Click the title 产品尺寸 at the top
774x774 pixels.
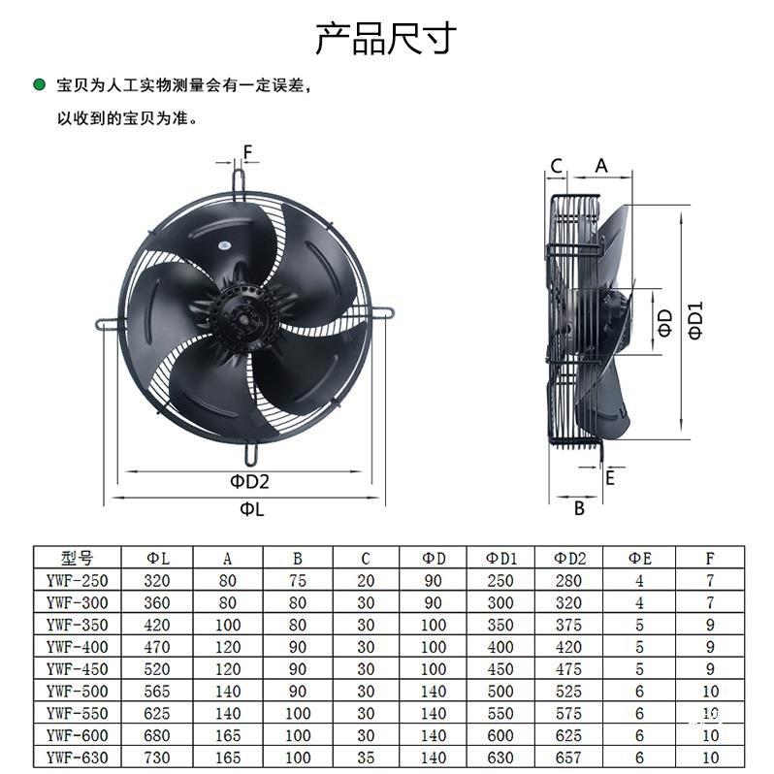(385, 38)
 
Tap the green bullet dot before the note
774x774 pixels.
(39, 85)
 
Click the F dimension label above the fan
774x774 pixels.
(247, 152)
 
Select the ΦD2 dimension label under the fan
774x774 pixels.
(248, 480)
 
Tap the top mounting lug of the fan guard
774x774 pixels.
(240, 180)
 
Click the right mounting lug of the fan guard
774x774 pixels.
(381, 313)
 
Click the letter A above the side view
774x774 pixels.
(600, 166)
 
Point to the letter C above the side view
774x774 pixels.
(557, 166)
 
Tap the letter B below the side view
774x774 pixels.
(578, 507)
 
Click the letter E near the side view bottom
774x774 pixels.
(609, 477)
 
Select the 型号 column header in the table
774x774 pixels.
(78, 558)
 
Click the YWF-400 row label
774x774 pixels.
(78, 647)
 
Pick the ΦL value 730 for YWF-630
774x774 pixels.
(157, 758)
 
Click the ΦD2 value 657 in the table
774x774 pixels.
(569, 758)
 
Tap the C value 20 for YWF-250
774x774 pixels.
(365, 581)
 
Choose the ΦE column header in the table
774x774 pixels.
(639, 558)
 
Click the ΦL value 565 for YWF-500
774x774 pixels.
(157, 692)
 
